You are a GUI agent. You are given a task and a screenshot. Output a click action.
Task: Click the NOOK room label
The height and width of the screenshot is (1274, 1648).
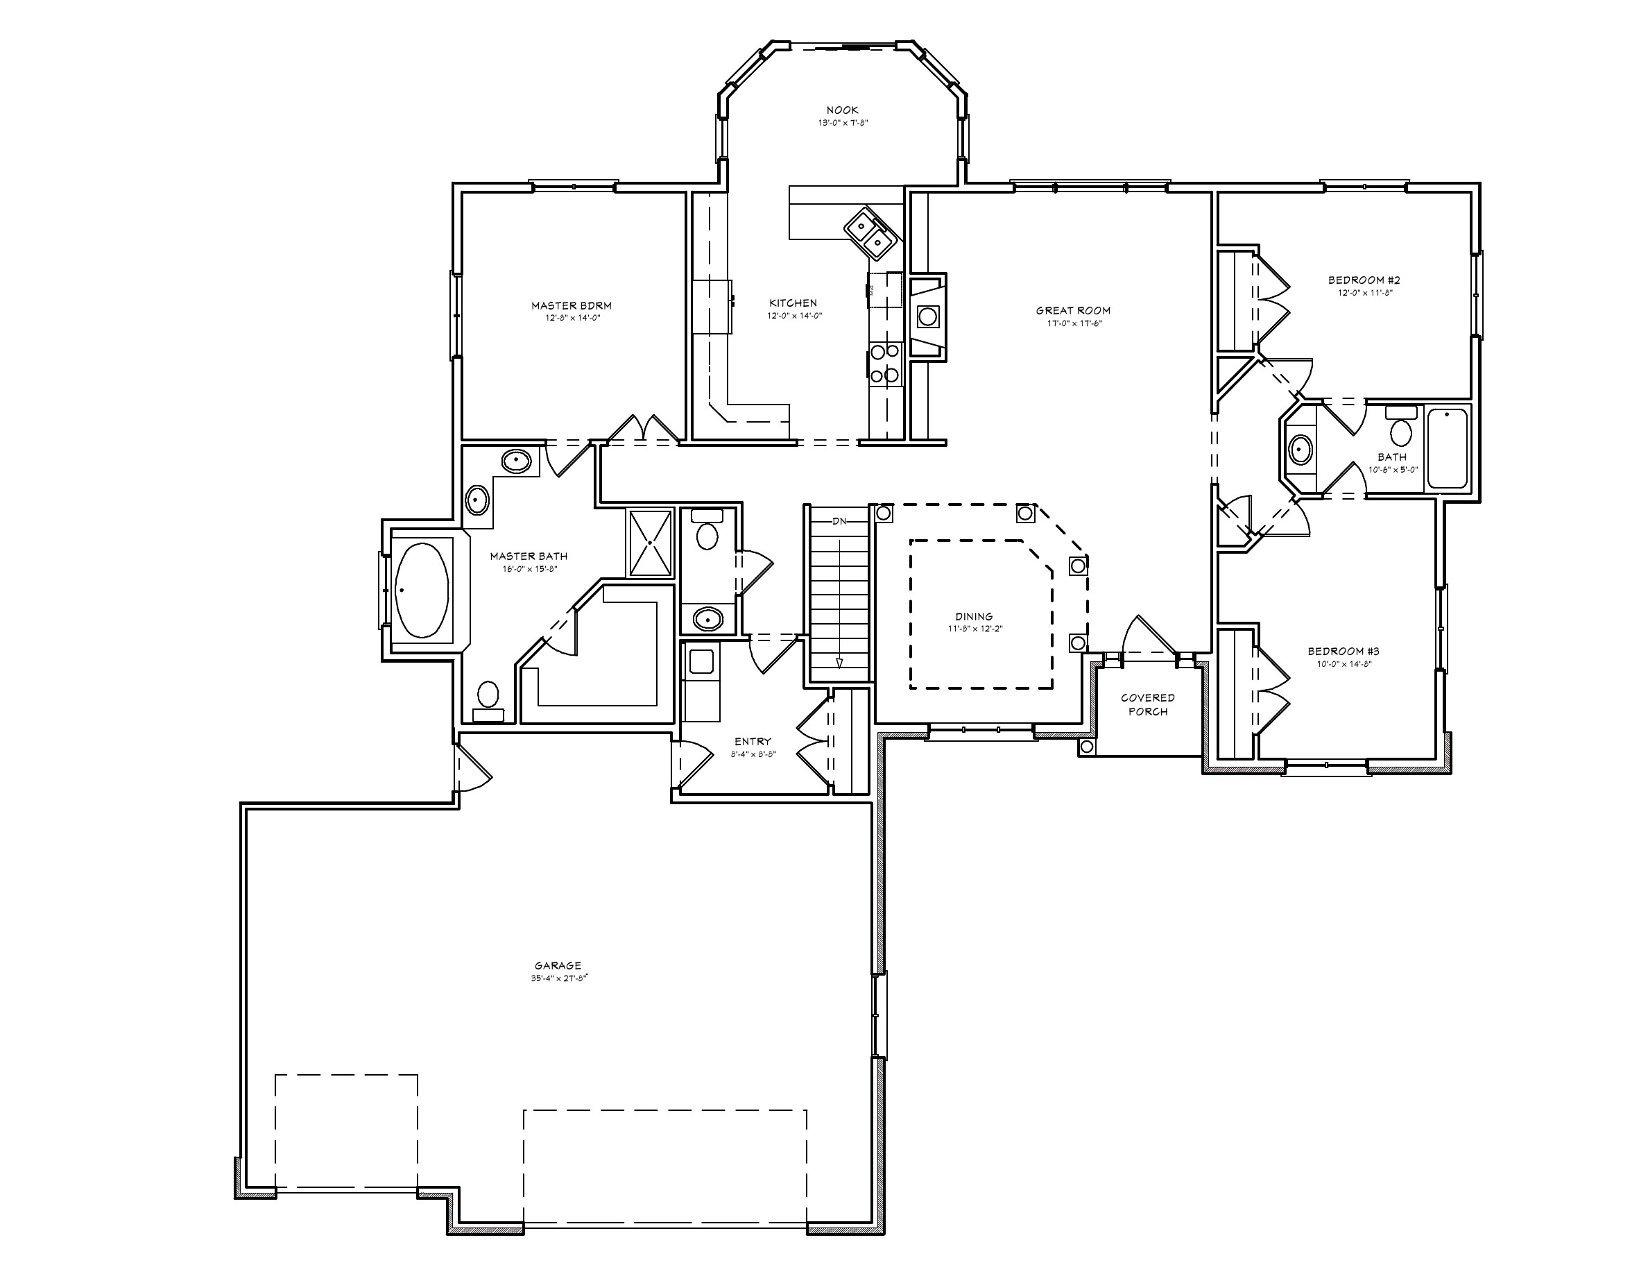(842, 110)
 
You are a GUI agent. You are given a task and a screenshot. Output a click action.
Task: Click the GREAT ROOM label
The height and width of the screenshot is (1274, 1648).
(1073, 310)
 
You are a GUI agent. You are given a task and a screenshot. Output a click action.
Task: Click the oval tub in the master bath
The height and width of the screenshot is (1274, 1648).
(422, 589)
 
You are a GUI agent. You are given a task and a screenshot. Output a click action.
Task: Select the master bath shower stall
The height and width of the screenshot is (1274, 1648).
(650, 543)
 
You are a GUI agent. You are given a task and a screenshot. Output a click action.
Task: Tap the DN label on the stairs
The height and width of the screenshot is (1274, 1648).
(840, 520)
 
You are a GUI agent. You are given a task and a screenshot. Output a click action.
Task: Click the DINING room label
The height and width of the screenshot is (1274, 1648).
(974, 616)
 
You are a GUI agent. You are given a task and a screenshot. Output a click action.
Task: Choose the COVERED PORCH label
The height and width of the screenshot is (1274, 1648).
(1148, 704)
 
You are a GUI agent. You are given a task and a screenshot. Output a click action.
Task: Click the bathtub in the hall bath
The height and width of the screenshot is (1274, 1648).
(1448, 448)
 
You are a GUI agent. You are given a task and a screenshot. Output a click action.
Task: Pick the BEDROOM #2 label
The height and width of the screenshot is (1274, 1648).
(1364, 280)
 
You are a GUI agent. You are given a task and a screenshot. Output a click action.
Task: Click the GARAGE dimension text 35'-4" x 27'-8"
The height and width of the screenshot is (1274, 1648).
(558, 978)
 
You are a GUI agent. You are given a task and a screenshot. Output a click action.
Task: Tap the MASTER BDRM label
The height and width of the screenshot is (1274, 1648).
(572, 306)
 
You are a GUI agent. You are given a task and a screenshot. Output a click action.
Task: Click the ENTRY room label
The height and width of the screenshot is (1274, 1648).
(753, 742)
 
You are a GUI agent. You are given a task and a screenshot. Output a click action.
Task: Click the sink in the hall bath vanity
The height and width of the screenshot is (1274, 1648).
(1299, 450)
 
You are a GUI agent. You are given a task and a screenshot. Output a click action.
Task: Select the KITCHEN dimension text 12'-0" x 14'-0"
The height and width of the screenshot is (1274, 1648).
(793, 316)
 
